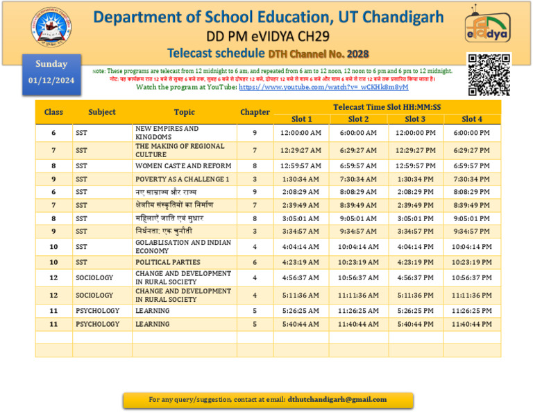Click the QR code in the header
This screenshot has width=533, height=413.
point(489,74)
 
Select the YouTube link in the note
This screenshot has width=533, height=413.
point(323,88)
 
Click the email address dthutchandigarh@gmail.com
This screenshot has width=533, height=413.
point(337,399)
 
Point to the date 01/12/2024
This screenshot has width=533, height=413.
point(52,81)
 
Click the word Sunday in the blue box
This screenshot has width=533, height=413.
point(52,64)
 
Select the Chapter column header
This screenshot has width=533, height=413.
point(255,112)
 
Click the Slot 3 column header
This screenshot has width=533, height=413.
point(415,119)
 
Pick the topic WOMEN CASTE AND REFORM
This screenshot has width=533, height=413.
point(183,166)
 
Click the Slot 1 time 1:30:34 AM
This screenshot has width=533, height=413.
point(301,179)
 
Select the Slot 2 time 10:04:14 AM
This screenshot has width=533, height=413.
point(358,247)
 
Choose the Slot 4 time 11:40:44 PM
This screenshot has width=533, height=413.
point(472,324)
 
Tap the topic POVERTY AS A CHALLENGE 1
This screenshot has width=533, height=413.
point(182,179)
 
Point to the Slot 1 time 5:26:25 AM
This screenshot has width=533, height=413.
point(301,311)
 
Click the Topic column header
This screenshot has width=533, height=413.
point(184,112)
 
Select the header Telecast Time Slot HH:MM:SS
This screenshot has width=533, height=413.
point(387,107)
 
